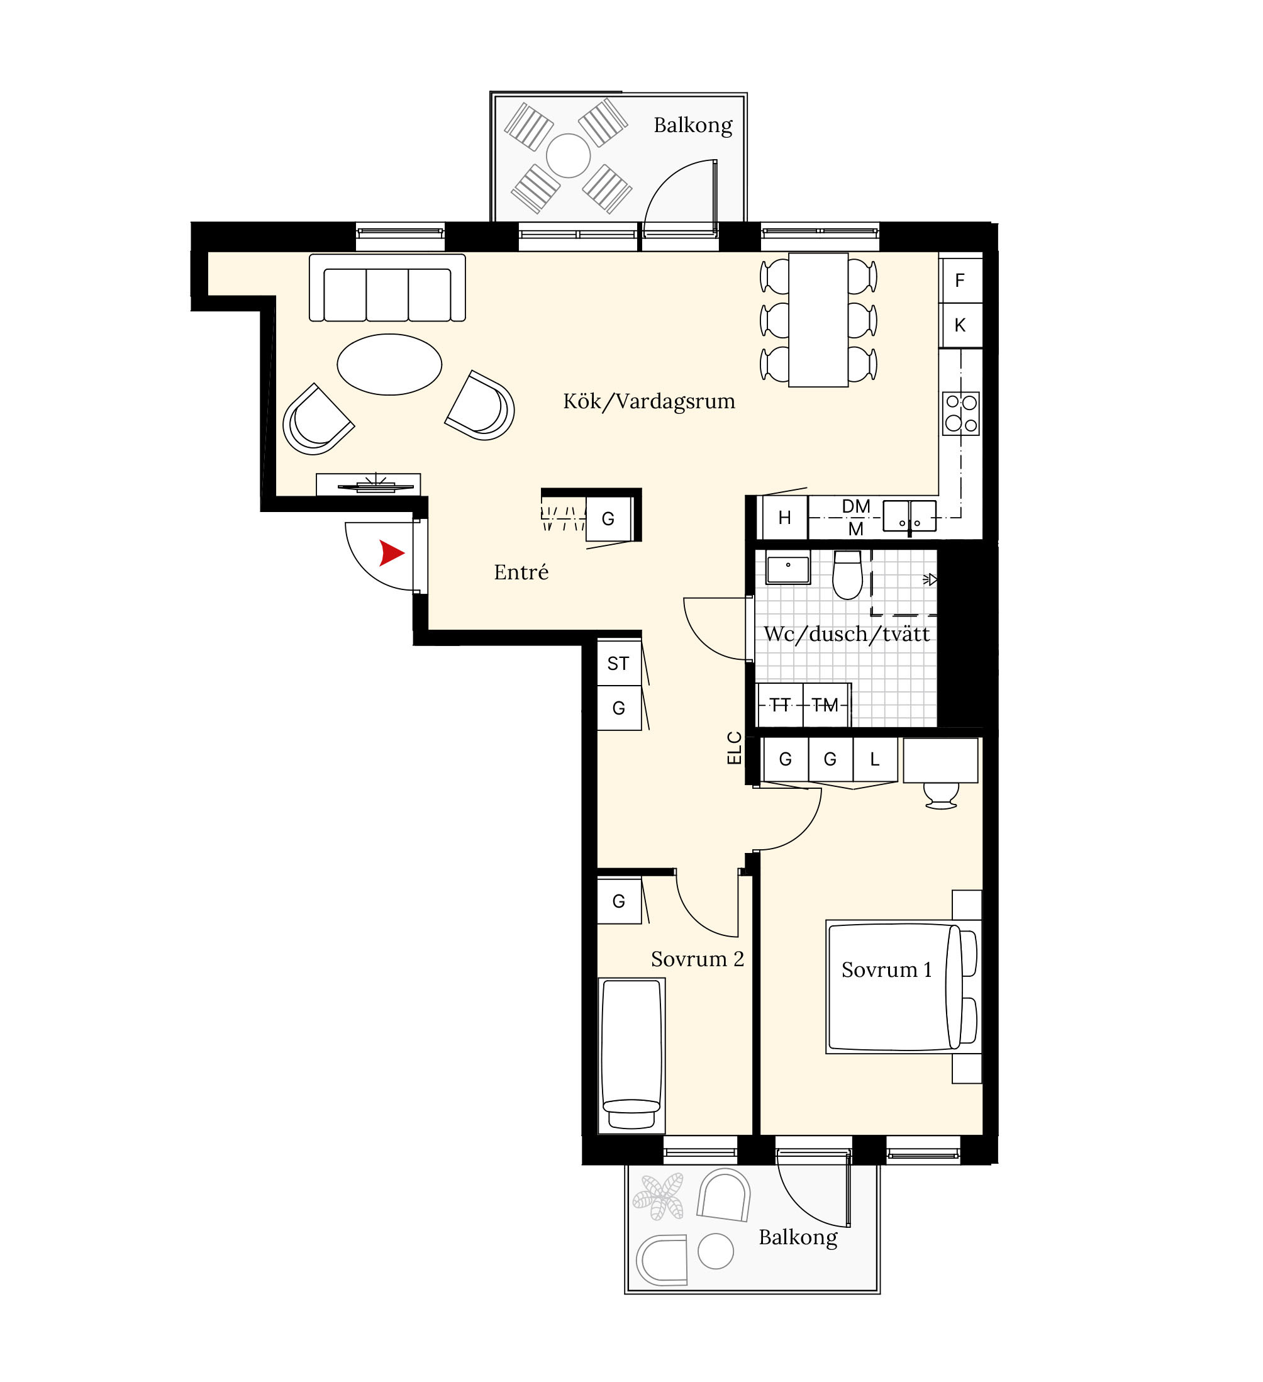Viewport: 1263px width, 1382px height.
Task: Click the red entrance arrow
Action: (x=391, y=553)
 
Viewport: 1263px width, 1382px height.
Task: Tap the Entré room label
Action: (x=521, y=572)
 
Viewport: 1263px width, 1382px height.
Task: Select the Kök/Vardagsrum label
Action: (x=649, y=401)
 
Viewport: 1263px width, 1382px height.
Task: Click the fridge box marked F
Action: (x=960, y=281)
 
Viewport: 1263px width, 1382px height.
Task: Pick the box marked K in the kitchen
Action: (x=960, y=326)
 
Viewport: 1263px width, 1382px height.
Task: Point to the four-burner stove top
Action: (x=961, y=413)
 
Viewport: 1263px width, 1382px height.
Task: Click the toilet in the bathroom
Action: (x=847, y=575)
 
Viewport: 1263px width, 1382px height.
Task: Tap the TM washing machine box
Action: (x=826, y=705)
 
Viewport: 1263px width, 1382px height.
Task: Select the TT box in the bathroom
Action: (x=780, y=705)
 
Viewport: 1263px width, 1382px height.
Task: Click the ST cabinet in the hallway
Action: (x=619, y=663)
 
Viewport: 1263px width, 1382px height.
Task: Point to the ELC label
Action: (x=734, y=748)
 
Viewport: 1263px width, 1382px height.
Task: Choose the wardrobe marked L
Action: (x=875, y=759)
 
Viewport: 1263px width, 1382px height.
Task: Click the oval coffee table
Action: (x=389, y=365)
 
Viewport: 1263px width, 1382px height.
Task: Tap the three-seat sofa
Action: (x=387, y=288)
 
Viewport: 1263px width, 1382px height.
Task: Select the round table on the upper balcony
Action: (x=568, y=155)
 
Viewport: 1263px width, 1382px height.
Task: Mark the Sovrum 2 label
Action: (x=698, y=959)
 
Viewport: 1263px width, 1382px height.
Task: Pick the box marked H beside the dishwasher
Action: (x=785, y=518)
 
